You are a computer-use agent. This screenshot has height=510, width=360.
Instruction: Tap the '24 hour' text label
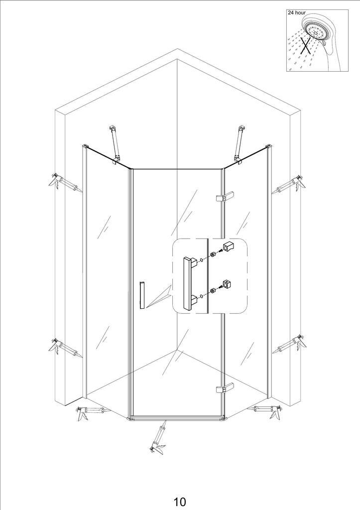(x=297, y=12)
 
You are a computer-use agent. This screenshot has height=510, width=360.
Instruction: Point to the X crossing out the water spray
(x=306, y=45)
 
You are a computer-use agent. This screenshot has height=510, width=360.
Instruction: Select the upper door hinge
(x=225, y=197)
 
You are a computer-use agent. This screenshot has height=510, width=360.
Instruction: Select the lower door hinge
(x=225, y=388)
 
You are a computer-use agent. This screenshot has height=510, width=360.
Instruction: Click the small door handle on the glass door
(x=142, y=295)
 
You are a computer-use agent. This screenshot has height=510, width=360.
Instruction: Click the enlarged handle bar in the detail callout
(x=189, y=283)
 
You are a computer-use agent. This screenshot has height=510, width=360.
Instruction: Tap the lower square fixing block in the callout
(x=228, y=283)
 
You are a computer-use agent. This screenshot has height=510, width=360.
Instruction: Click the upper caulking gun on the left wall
(x=65, y=183)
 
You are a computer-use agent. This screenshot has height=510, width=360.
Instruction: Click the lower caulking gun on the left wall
(x=65, y=348)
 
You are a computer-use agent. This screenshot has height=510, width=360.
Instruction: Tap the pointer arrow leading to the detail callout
(x=159, y=297)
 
